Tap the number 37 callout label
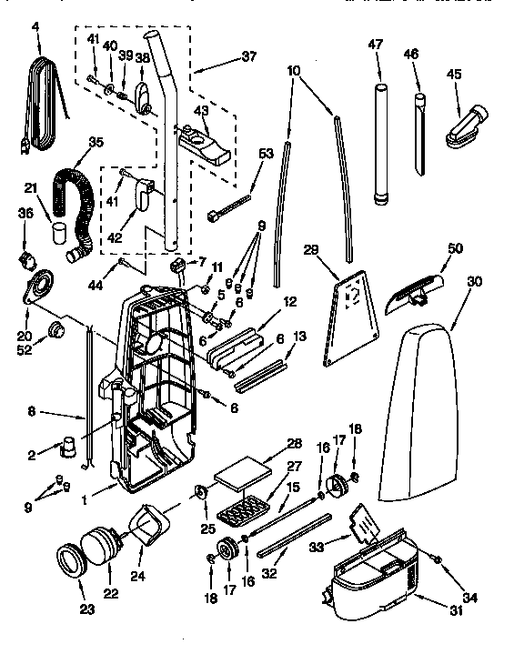[x=222, y=55]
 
